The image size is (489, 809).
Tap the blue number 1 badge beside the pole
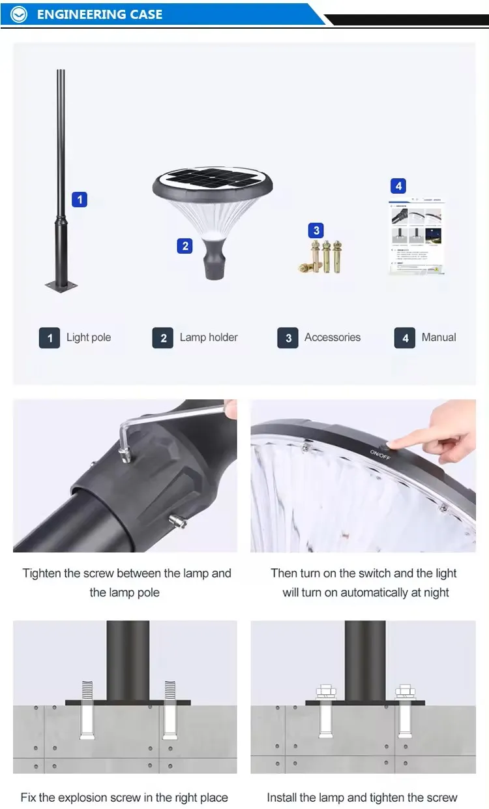(x=79, y=199)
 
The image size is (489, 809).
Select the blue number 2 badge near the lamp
(x=185, y=245)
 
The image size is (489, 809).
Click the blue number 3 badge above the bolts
(x=317, y=230)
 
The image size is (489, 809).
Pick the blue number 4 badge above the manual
(x=398, y=186)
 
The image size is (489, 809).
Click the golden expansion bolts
(x=322, y=256)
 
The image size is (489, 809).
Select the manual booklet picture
(x=417, y=236)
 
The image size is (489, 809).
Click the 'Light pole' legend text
(x=89, y=337)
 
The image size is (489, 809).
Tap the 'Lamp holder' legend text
(x=209, y=337)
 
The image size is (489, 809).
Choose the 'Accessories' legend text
(x=333, y=337)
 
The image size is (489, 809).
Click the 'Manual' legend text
(x=439, y=337)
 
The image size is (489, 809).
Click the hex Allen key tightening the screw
(x=170, y=424)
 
